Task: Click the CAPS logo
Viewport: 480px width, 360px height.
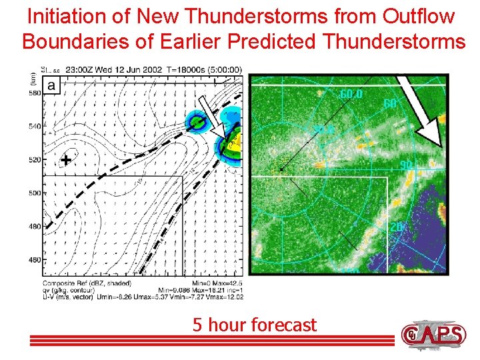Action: [433, 333]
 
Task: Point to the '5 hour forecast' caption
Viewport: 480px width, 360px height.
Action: [254, 325]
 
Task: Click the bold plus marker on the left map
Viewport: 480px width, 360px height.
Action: [65, 160]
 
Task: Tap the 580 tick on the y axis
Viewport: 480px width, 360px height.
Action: [34, 94]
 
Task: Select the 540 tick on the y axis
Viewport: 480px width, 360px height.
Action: [34, 127]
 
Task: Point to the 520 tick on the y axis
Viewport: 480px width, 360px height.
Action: [34, 160]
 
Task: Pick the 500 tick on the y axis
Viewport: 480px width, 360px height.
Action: [34, 193]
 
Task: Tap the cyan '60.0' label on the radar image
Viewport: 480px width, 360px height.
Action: [351, 94]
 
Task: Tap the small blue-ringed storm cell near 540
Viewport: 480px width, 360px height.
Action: [197, 122]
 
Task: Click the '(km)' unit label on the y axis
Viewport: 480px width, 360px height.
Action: [33, 77]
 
